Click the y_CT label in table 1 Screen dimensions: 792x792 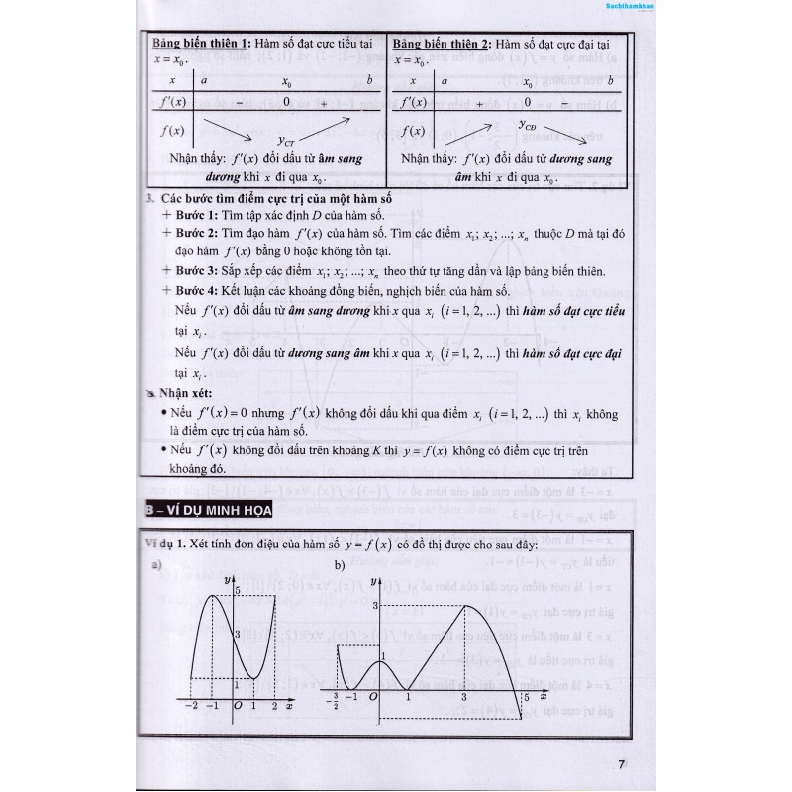[285, 140]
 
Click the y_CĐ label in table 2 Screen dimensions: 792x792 [531, 125]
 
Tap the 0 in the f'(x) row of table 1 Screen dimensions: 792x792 [286, 102]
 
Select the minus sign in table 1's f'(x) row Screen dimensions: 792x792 [240, 102]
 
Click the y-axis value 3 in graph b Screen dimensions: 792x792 [375, 604]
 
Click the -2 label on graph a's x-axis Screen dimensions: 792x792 [189, 705]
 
